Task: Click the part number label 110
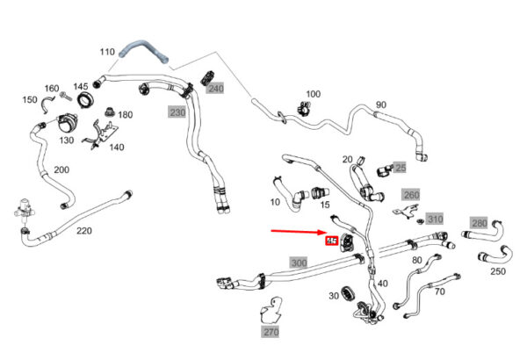107,53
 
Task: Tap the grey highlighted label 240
215,89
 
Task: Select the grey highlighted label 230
177,112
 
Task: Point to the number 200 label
61,169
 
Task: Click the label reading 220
83,231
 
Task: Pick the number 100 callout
314,94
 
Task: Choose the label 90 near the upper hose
380,105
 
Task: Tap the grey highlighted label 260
411,194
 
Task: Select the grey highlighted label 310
435,219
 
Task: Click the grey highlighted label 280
479,223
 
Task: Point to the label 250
498,271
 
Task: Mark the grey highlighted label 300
300,263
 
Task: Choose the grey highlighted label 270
270,333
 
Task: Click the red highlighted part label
333,240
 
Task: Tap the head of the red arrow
322,234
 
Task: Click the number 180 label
126,115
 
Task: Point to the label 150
30,100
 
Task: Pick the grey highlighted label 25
400,168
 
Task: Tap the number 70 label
439,291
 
